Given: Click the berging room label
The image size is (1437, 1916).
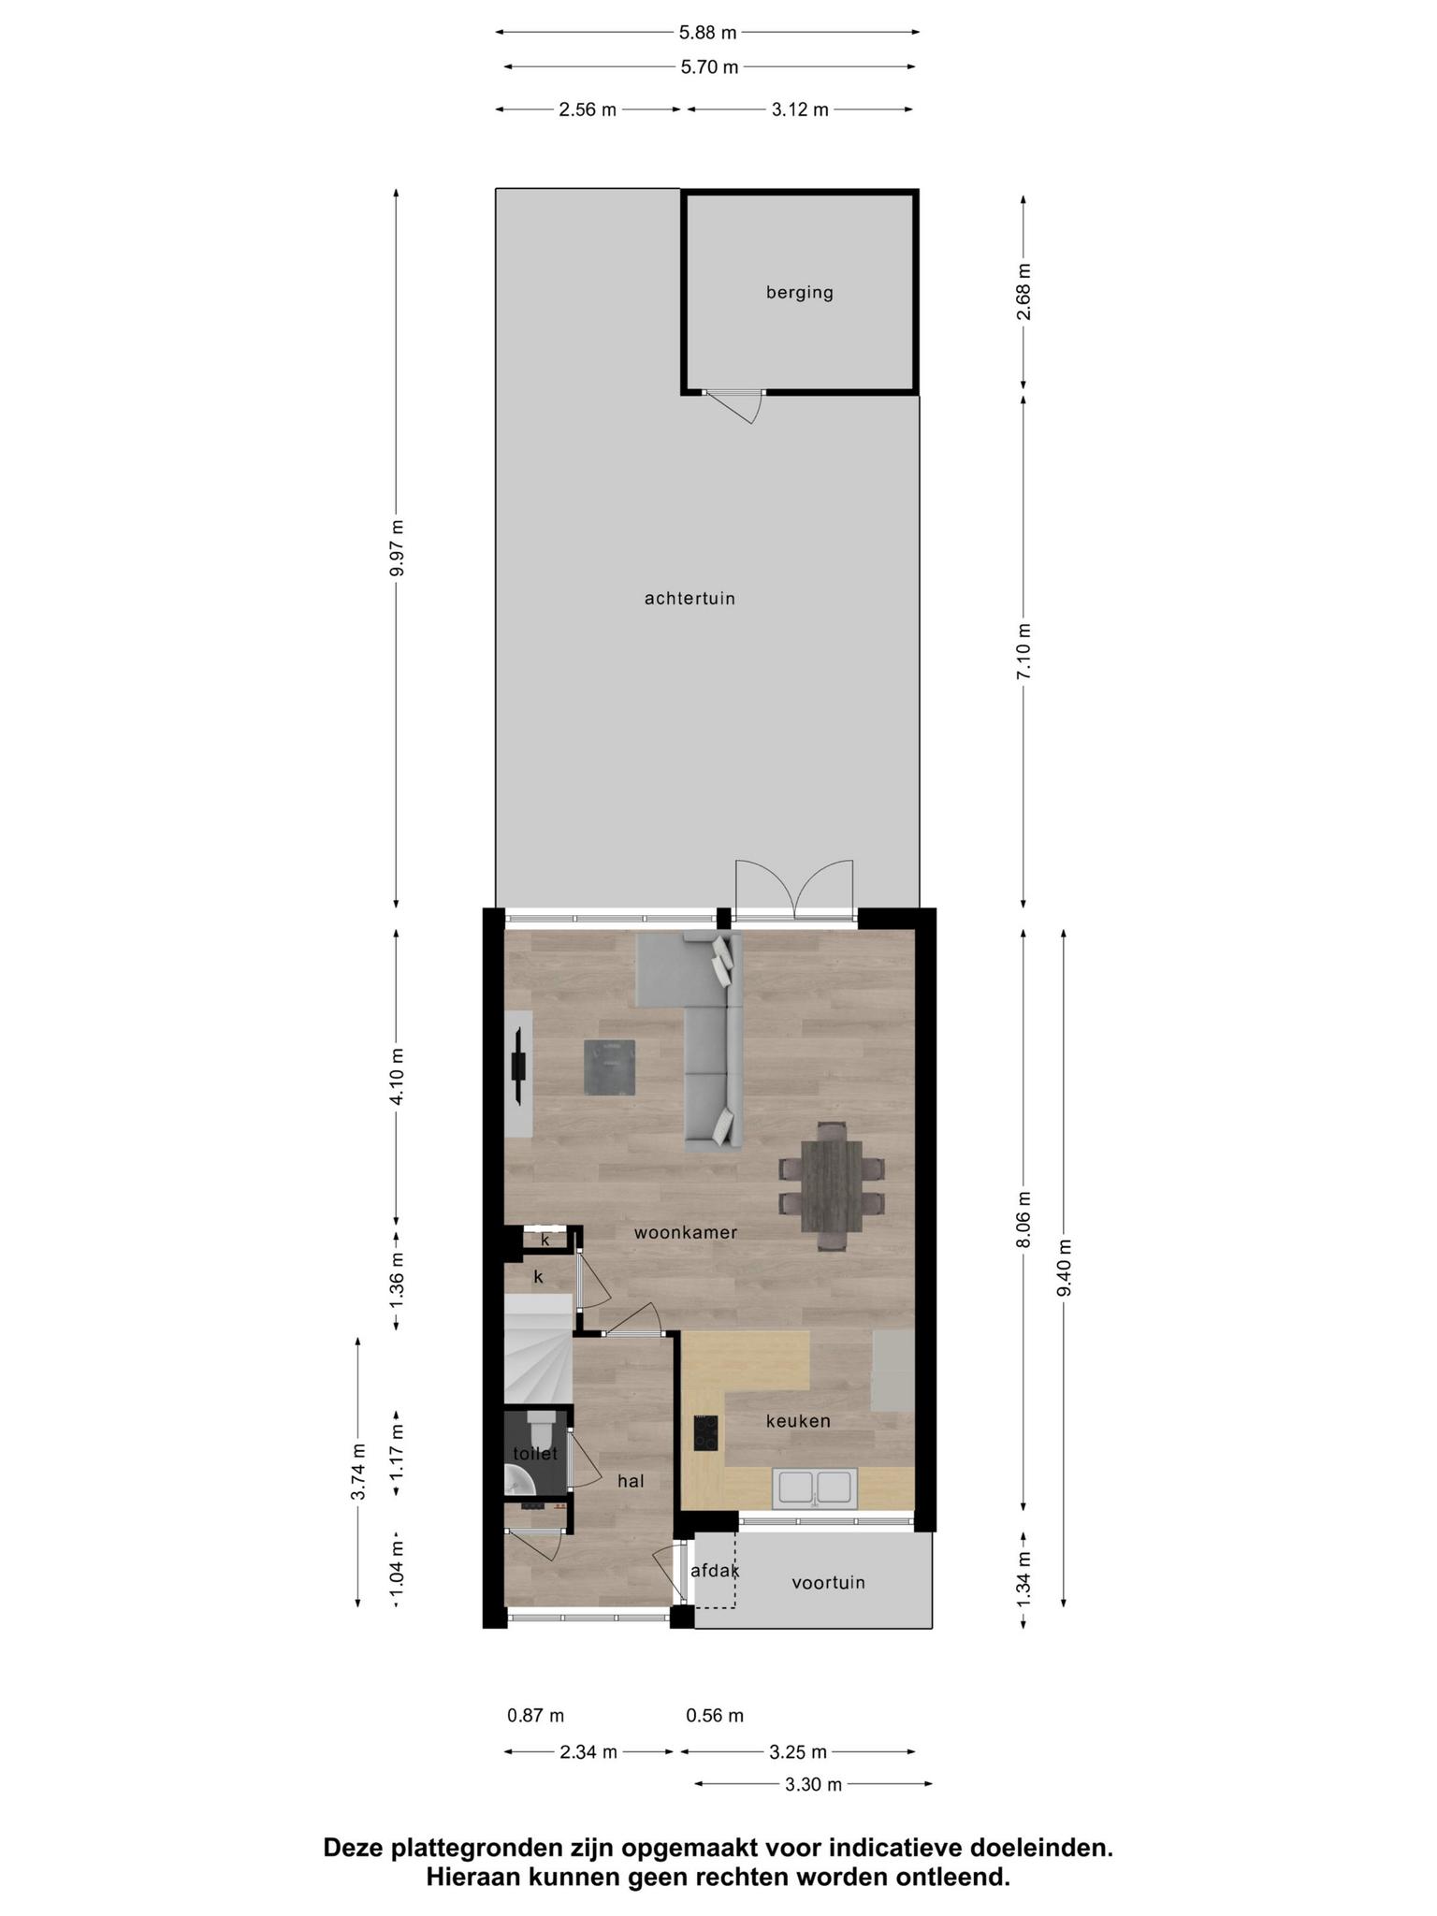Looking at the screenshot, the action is click(x=799, y=293).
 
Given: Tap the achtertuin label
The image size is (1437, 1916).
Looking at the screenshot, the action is click(x=689, y=598).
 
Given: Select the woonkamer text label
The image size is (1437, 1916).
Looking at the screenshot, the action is click(x=686, y=1232).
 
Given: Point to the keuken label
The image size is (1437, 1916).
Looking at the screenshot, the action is click(x=798, y=1420).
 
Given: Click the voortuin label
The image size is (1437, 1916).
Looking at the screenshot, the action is click(x=828, y=1582).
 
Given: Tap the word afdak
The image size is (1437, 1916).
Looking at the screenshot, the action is click(x=715, y=1571).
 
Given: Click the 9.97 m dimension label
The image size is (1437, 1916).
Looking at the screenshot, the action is click(x=397, y=549).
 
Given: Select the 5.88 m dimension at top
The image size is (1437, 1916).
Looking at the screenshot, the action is click(x=707, y=33).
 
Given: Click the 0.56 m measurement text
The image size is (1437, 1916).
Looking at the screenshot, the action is click(x=715, y=1715).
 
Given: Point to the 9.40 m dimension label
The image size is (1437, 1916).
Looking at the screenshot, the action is click(x=1065, y=1267).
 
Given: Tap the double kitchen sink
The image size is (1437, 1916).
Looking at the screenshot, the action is click(x=814, y=1487).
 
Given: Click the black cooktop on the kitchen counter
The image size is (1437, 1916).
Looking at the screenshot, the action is click(x=705, y=1432).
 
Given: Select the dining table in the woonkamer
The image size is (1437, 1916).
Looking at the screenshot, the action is click(x=832, y=1184).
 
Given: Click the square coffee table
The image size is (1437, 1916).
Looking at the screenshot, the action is click(x=610, y=1067).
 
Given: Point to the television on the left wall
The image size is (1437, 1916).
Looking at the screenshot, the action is click(x=518, y=1067).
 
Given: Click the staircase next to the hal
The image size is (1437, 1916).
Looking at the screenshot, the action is click(x=538, y=1348).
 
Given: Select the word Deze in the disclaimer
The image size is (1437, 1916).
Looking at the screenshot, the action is click(x=354, y=1847).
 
